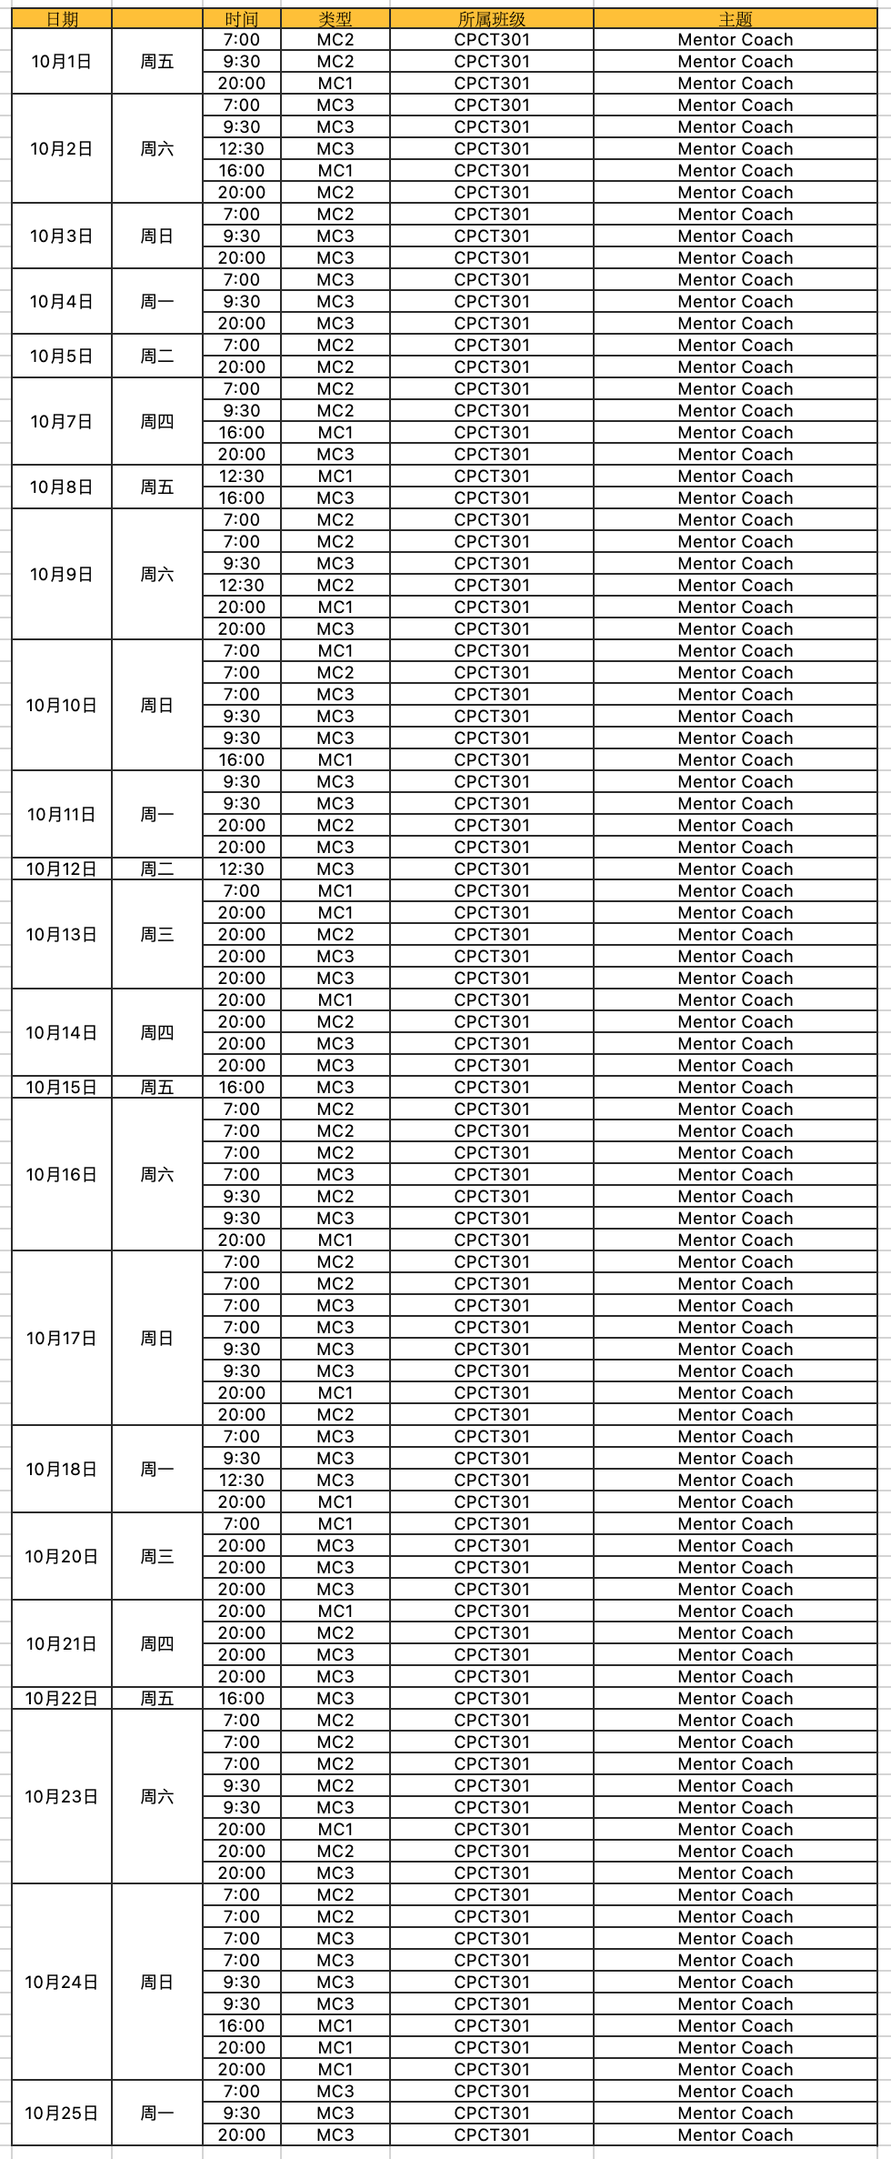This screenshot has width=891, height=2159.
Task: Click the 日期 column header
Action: [x=62, y=19]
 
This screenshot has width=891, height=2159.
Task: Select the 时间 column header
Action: [x=242, y=19]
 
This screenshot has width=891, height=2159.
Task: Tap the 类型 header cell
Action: [x=335, y=19]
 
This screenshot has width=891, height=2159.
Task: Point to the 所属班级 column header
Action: [x=492, y=19]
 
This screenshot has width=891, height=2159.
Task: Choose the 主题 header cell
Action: [x=735, y=19]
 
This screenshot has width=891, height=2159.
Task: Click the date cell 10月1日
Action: [x=62, y=62]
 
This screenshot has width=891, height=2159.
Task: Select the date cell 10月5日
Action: [x=62, y=356]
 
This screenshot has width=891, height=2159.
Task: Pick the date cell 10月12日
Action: [x=62, y=869]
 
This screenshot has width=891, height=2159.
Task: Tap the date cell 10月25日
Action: [x=62, y=2114]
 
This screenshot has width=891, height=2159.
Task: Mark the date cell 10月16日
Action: [x=62, y=1175]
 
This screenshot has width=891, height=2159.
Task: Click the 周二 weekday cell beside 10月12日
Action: [x=157, y=869]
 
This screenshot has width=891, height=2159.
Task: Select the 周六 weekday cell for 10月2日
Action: [x=157, y=149]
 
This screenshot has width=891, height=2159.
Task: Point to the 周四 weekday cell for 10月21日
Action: [x=157, y=1644]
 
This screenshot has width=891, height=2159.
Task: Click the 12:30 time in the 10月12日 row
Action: [x=242, y=869]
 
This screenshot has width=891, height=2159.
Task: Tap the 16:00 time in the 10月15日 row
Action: [x=242, y=1088]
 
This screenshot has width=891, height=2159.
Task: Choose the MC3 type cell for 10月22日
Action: [x=335, y=1699]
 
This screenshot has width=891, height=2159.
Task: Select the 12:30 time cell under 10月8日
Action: [x=242, y=477]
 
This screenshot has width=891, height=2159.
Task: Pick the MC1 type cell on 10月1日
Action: [x=335, y=84]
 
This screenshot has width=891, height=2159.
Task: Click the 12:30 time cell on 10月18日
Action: [x=242, y=1481]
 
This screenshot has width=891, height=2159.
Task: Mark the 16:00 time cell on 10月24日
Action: [x=242, y=2026]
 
